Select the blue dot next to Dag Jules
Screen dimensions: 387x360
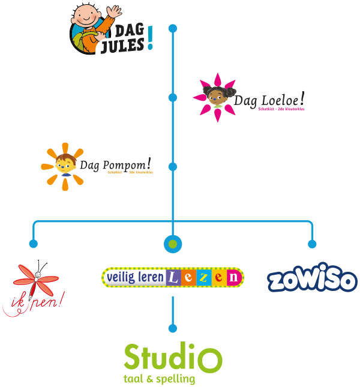click(x=173, y=28)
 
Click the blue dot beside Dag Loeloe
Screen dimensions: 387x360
click(x=173, y=97)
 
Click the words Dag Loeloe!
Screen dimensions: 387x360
click(x=269, y=100)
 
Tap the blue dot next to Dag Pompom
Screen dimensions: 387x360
click(x=173, y=166)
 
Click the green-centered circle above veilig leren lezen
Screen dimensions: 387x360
click(x=173, y=244)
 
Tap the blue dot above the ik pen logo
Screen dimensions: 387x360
click(x=34, y=244)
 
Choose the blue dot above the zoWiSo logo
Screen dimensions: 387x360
click(x=312, y=244)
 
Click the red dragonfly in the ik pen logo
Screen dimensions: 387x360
click(x=38, y=278)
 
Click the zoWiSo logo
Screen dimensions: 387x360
click(x=311, y=280)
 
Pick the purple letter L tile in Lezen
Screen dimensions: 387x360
click(x=174, y=277)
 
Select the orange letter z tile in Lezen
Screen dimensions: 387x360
click(x=205, y=277)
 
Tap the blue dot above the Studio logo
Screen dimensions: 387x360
click(x=173, y=328)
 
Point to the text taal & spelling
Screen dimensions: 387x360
click(x=159, y=379)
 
